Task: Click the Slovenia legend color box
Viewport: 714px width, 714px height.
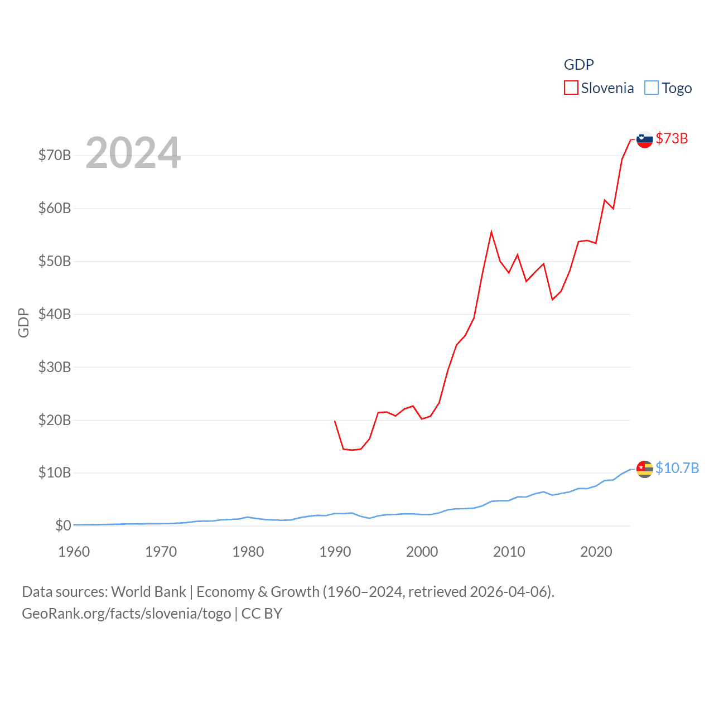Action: click(571, 88)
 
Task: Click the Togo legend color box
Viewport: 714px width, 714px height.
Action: click(652, 88)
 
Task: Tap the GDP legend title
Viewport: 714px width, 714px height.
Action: click(578, 65)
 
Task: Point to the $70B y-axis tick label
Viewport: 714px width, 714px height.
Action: click(55, 155)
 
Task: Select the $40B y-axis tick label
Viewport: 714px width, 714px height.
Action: click(55, 314)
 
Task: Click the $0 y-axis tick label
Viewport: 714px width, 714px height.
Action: click(63, 525)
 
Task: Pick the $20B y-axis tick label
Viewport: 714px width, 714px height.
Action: click(55, 420)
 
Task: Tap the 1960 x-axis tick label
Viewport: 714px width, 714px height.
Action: click(74, 552)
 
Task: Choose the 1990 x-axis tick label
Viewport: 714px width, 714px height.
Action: click(335, 552)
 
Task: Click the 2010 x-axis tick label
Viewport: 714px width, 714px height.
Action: click(509, 552)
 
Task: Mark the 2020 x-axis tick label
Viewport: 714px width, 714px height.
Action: click(596, 552)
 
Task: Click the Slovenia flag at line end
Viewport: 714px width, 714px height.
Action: click(645, 139)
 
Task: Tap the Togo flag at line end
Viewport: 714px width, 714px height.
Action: click(645, 469)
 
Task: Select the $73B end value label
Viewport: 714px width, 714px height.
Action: click(672, 138)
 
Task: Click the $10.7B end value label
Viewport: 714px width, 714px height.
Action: click(677, 468)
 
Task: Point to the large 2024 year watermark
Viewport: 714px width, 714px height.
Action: click(133, 153)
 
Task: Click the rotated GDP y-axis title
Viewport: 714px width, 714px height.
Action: click(23, 322)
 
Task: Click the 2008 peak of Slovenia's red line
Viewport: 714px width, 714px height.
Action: click(491, 232)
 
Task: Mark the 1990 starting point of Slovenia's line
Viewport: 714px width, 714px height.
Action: click(335, 421)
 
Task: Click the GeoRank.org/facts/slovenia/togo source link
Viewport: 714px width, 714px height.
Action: click(127, 614)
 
